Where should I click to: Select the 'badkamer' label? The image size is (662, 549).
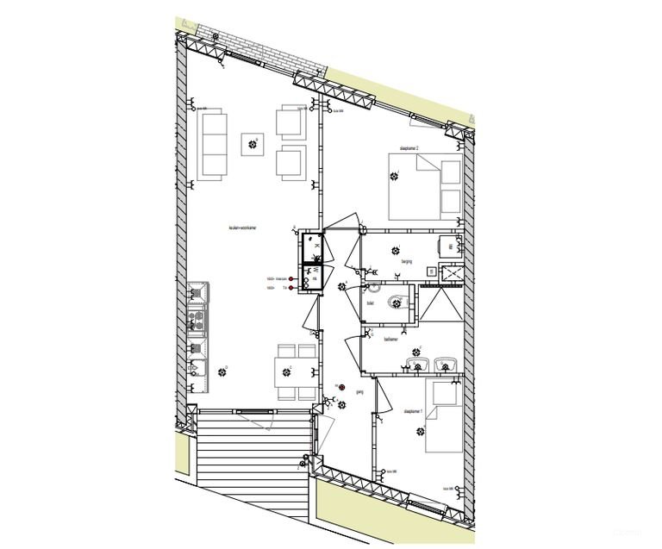click(x=392, y=339)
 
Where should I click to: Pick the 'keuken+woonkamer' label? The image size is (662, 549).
click(x=245, y=228)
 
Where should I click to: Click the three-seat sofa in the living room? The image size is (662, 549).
click(x=212, y=144)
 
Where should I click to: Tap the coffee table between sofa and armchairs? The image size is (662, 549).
click(x=253, y=145)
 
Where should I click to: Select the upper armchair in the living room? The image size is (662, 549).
click(x=290, y=121)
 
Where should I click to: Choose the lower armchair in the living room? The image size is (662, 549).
click(x=290, y=162)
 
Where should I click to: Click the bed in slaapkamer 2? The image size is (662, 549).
click(x=426, y=187)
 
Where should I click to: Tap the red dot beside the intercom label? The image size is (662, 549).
click(x=291, y=279)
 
